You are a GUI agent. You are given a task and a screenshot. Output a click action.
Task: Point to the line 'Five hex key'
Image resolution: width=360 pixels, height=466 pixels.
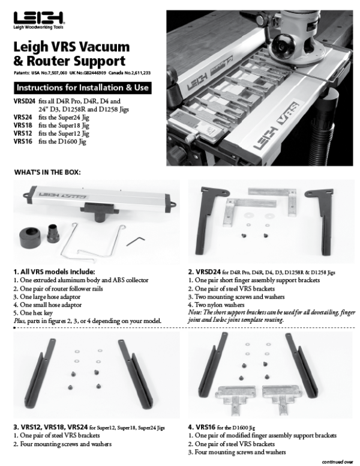click(35, 313)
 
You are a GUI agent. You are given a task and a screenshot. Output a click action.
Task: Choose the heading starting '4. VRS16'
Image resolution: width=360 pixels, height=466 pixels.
click(228, 425)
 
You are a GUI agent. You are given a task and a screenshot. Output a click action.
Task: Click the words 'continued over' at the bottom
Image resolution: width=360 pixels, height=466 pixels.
click(337, 462)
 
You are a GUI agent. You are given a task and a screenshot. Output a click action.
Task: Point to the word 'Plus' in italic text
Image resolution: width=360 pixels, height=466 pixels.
click(19, 321)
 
